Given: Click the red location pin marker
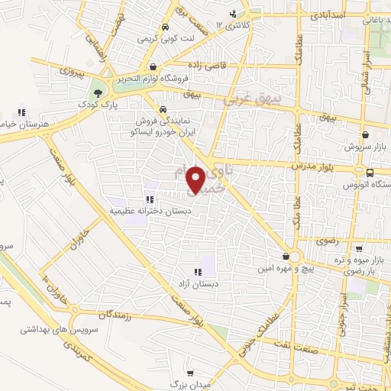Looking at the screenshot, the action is pyautogui.click(x=196, y=179).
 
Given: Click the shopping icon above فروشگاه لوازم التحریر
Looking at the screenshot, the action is pyautogui.click(x=154, y=66).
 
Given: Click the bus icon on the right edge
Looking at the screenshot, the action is pyautogui.click(x=370, y=173).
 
